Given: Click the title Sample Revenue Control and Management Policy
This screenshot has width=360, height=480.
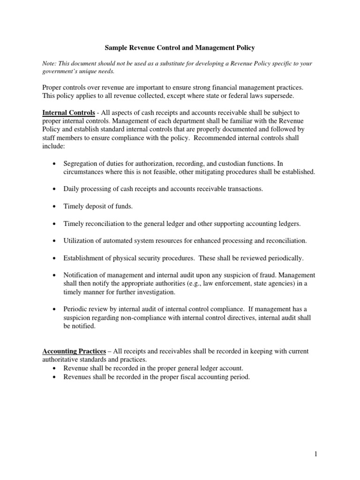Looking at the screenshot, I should click(180, 48).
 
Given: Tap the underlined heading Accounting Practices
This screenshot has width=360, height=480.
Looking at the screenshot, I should click(74, 351).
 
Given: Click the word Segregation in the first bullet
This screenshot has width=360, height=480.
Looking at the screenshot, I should click(82, 164).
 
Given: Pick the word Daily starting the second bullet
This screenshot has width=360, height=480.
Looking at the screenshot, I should click(72, 189).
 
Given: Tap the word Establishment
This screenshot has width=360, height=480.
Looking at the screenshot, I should click(86, 258).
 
